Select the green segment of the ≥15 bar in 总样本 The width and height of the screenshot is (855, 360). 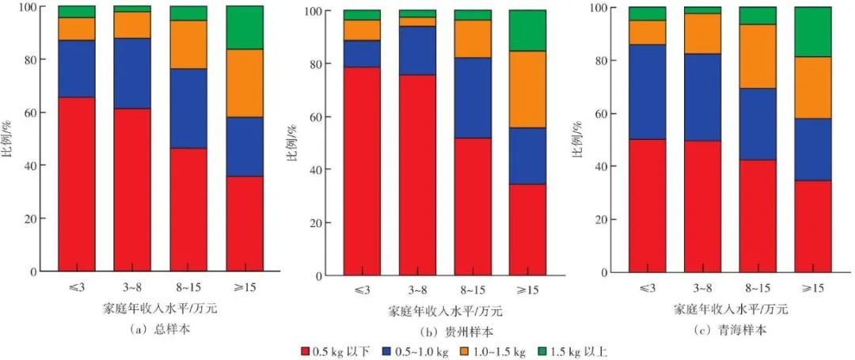coord(245,28)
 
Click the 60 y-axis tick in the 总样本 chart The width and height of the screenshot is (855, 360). coord(32,113)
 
